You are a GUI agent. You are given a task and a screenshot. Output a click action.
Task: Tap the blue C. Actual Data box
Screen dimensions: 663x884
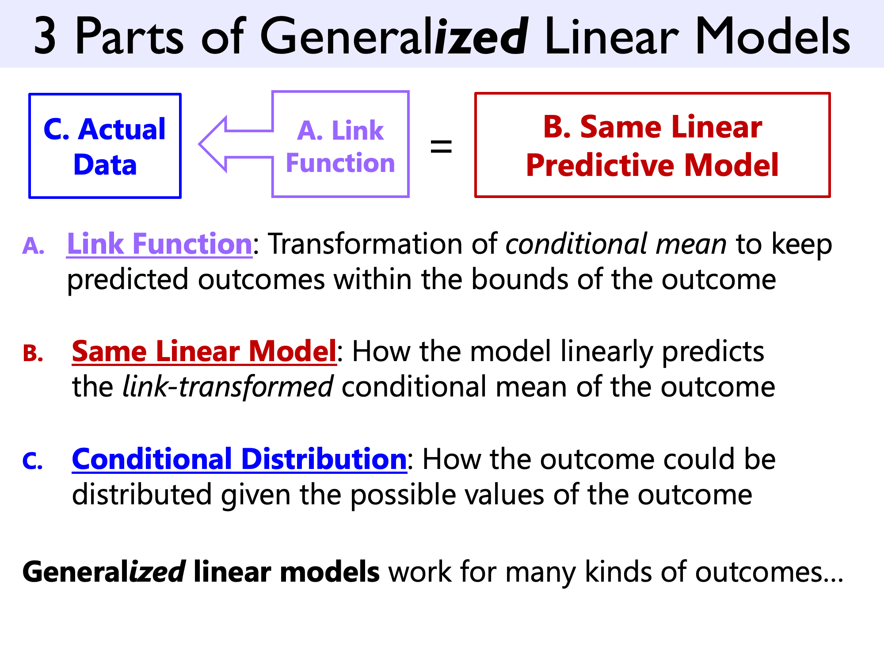[105, 146]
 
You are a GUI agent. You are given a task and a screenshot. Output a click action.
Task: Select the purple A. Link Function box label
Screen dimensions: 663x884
[340, 146]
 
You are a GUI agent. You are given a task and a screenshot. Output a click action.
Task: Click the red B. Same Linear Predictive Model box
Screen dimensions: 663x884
[652, 145]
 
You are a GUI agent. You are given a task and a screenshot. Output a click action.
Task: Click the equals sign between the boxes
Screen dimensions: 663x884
[441, 146]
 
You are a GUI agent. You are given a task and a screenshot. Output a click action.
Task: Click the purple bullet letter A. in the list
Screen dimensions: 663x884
[34, 246]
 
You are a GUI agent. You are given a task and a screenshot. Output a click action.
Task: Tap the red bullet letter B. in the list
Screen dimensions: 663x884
[34, 354]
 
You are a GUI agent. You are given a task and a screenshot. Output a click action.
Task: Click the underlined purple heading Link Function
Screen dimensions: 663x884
[159, 244]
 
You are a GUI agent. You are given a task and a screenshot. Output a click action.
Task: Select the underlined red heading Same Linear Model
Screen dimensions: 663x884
[204, 351]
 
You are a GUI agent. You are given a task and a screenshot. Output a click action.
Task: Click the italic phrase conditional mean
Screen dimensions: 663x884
[616, 244]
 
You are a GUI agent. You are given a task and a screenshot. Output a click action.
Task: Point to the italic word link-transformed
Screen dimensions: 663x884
[228, 387]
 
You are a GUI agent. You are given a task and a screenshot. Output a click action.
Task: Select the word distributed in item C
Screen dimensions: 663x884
[141, 495]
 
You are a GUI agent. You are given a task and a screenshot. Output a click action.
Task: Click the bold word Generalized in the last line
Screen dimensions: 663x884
[104, 572]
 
